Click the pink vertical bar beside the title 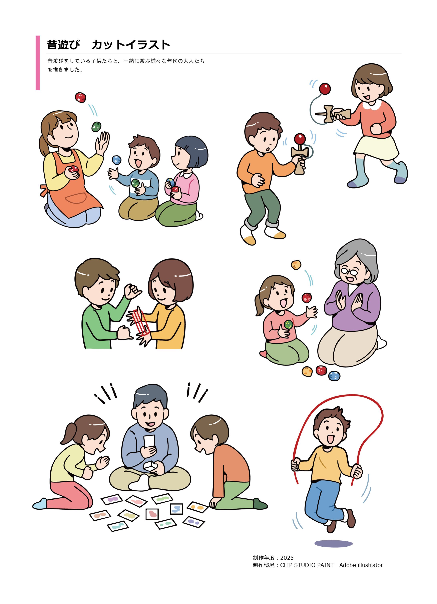tap(38, 63)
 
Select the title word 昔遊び tap(63, 45)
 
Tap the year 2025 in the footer tap(287, 557)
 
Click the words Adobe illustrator tap(361, 565)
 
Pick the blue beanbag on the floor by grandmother tap(334, 376)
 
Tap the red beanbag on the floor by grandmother tap(321, 370)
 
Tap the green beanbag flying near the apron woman tap(96, 127)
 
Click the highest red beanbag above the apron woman tap(80, 97)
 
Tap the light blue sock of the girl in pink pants tap(40, 504)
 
